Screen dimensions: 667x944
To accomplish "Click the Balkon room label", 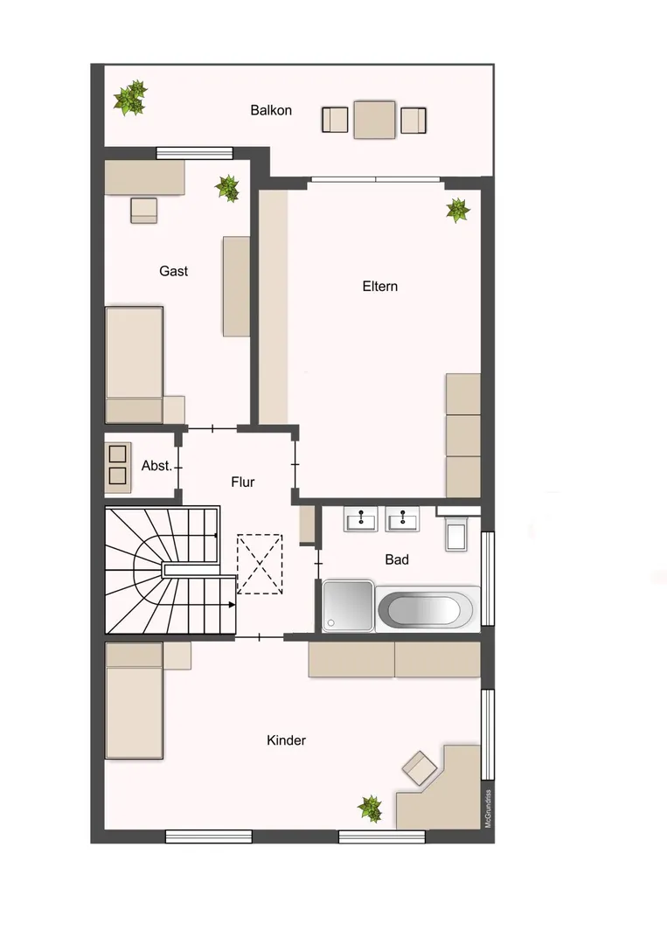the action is tap(271, 110).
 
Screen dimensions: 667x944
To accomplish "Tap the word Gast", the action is tap(173, 271).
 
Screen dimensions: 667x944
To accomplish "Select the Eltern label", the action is tap(380, 286).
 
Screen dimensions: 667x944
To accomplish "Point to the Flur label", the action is tap(243, 482).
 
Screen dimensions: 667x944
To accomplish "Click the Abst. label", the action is tap(156, 465).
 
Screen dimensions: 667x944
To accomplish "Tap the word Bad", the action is tap(397, 559).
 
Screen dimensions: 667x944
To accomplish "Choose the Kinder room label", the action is tap(286, 740).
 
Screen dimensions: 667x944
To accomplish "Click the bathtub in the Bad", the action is tap(428, 609).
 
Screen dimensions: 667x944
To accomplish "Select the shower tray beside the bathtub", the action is tap(348, 606).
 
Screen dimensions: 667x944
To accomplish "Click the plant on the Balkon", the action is tap(131, 98).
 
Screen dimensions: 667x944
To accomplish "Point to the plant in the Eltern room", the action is tap(458, 210).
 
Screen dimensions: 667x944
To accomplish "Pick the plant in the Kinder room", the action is tap(370, 809).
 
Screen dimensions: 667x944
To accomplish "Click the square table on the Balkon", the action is tap(374, 120).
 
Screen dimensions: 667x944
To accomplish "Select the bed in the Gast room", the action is tap(134, 364).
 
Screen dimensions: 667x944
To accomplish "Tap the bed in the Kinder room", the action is tap(134, 701).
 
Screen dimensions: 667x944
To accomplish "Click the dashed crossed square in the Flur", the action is tap(260, 564).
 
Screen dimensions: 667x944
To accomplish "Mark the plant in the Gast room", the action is tap(227, 189).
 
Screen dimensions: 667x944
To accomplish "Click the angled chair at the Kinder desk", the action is tap(420, 768).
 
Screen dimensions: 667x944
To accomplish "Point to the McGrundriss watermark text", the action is tap(488, 809).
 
